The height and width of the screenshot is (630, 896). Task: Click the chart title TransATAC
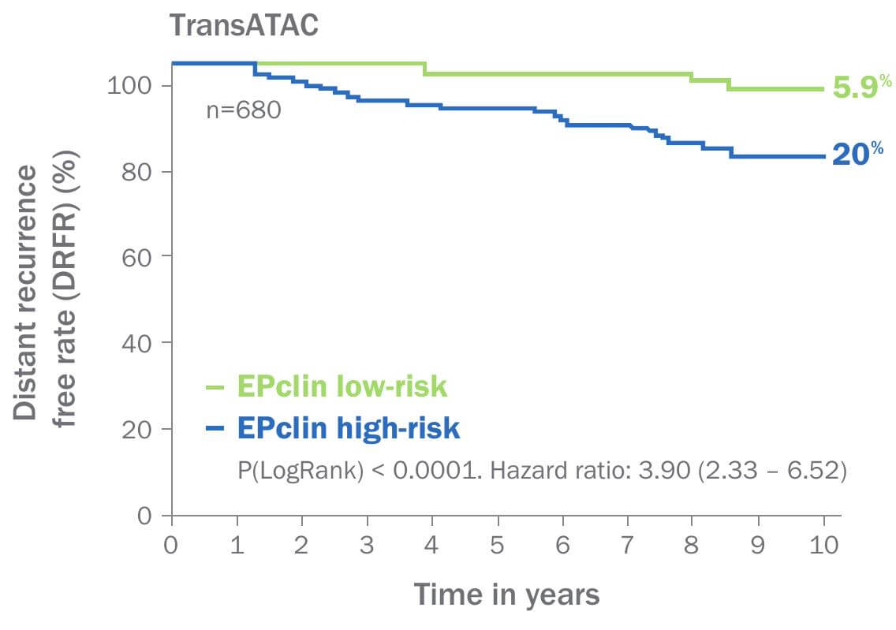pos(245,25)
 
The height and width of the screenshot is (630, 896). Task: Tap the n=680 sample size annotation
pos(243,110)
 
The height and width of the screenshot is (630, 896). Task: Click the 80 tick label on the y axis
pos(136,171)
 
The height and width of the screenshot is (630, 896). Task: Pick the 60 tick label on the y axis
pos(136,257)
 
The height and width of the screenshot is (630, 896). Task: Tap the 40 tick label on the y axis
pos(136,343)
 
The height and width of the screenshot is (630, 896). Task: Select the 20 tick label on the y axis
pos(136,429)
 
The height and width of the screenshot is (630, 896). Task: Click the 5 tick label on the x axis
pos(498,545)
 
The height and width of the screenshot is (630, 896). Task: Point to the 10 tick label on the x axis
pos(824,545)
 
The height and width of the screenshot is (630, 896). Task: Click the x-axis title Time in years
pos(506,594)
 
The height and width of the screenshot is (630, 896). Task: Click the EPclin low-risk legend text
pos(342,387)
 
